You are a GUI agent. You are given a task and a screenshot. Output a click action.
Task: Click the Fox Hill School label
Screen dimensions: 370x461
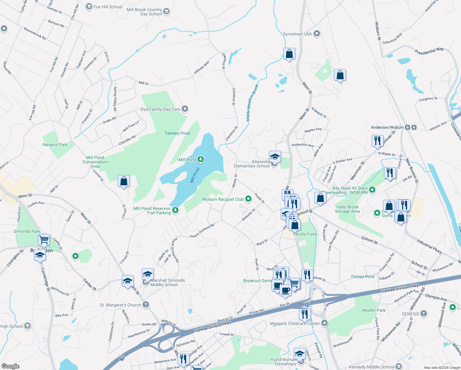108,7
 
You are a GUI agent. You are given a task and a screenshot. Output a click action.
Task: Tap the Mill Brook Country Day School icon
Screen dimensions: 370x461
166,12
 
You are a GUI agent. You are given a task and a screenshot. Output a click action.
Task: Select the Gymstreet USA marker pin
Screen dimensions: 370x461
317,34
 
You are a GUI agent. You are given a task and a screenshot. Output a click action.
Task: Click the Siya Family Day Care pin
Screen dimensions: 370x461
185,109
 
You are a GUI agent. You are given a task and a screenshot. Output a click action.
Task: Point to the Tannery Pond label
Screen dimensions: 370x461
177,133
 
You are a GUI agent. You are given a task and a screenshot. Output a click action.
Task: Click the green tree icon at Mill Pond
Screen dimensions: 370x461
201,159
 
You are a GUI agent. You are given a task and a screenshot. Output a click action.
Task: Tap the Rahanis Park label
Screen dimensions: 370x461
55,145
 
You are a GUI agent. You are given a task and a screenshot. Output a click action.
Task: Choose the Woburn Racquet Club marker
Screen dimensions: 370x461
248,199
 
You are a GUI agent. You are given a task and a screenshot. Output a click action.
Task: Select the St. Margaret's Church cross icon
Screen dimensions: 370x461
146,305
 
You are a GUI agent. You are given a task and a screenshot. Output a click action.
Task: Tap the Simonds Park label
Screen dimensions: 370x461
27,231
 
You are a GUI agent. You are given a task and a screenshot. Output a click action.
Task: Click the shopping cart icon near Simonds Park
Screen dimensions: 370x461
44,239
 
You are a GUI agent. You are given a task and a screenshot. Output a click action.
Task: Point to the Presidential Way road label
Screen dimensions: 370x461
429,51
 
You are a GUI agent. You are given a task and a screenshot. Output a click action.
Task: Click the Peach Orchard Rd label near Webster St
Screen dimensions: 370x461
202,231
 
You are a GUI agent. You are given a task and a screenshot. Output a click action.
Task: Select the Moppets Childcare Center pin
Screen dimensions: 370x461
324,323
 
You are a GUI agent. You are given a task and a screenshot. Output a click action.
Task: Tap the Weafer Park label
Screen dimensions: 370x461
373,310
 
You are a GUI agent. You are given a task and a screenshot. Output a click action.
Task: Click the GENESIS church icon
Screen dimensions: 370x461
424,314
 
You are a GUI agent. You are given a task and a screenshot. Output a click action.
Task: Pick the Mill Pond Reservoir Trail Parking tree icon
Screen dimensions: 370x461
175,210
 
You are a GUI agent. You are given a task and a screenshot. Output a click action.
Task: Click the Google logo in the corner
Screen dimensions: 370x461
10,366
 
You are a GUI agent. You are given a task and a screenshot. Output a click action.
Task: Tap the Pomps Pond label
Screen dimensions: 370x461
363,277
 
